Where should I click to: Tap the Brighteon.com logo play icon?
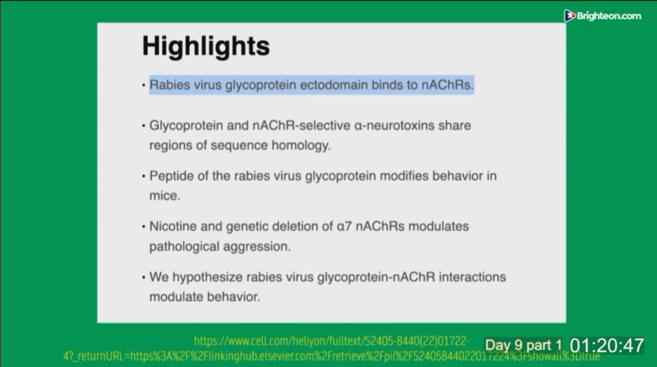569,16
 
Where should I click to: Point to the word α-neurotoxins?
394,126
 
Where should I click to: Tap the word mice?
164,196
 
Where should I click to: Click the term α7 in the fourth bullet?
344,227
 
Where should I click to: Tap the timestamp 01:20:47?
607,346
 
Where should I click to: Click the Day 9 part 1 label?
524,346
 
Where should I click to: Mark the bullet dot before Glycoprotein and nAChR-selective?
144,126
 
